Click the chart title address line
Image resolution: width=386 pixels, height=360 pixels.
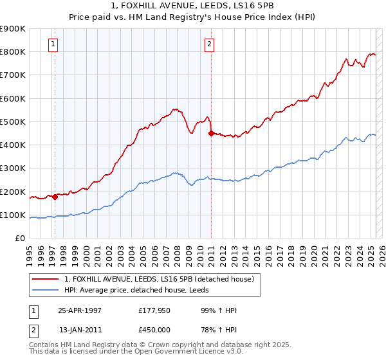point(193,6)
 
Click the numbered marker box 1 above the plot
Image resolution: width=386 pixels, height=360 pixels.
point(53,44)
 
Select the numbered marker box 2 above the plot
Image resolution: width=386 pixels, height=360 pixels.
point(210,44)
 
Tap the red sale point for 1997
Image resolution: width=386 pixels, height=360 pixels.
point(55,197)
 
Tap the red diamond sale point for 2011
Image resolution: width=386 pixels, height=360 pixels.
point(211,134)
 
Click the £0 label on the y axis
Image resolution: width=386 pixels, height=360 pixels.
point(19,239)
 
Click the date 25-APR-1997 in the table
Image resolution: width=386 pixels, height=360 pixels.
point(80,310)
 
